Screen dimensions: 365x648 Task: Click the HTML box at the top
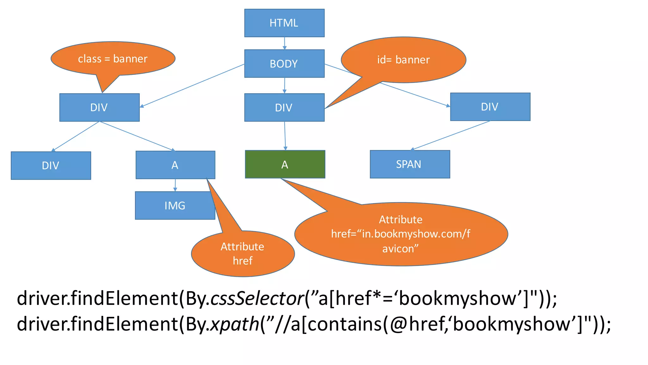point(284,23)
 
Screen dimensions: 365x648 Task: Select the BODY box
point(284,63)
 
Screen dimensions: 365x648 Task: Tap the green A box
point(285,164)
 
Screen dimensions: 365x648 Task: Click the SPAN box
point(410,164)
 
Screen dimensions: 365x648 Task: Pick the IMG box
point(175,205)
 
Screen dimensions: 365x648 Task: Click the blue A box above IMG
point(175,165)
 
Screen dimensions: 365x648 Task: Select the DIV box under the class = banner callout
point(99,107)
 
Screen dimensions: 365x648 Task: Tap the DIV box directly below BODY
point(284,107)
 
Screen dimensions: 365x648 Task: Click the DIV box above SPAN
point(490,107)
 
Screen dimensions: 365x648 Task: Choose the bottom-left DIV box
point(51,165)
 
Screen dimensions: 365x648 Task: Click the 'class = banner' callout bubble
point(113,59)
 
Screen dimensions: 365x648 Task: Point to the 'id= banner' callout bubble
point(403,60)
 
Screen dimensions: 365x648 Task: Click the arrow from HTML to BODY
point(284,43)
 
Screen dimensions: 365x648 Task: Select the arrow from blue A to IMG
point(175,185)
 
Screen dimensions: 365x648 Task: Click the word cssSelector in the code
point(257,298)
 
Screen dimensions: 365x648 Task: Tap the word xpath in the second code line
point(235,324)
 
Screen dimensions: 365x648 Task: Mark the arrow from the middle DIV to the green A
point(285,136)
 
